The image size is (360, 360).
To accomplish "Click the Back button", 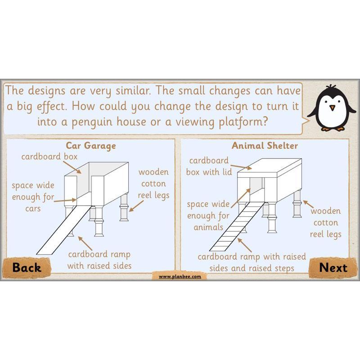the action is [x=27, y=268].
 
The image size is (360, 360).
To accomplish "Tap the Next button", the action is [x=333, y=268].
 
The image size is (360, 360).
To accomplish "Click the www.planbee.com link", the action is [x=180, y=277].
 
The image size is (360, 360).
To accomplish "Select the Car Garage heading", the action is [x=91, y=146].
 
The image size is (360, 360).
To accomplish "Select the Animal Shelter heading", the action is [x=265, y=145].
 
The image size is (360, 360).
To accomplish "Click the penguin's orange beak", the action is [x=332, y=108].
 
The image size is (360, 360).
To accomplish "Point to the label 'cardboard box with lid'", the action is [x=209, y=166].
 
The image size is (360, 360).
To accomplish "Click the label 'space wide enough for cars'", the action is [x=33, y=197].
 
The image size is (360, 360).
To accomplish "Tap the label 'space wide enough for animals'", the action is [x=208, y=216].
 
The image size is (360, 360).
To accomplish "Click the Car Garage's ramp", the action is [x=64, y=229].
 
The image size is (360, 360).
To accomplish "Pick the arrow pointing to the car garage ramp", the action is [x=85, y=243].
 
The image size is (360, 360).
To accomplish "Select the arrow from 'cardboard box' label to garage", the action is [x=72, y=167].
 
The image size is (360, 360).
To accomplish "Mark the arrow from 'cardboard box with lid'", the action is [x=241, y=167].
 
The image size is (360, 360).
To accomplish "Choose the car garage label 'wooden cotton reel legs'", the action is [x=153, y=184].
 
